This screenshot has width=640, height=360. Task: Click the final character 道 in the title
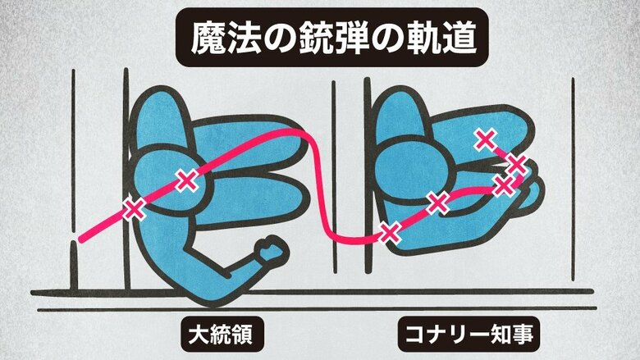pos(459,38)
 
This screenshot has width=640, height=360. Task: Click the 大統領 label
pos(222,335)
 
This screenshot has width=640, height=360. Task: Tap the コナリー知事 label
pos(469,335)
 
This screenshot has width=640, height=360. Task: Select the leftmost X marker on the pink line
pos(135,209)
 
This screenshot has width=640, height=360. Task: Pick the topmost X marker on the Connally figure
pos(486,140)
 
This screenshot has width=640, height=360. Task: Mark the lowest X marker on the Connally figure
pos(389,233)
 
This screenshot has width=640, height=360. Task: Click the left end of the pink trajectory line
pos(81,239)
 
